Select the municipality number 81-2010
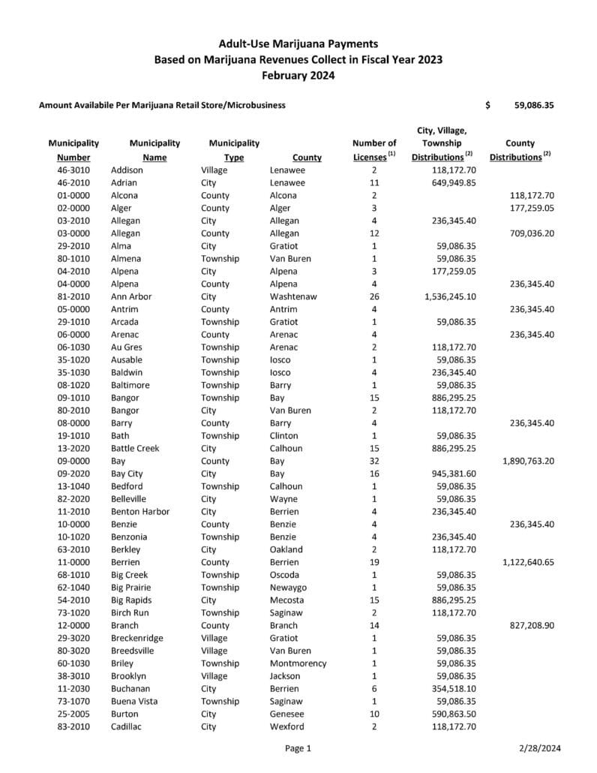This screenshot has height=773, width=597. point(73,296)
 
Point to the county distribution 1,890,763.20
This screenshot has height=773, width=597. point(528,461)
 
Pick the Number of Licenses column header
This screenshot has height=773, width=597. point(374,149)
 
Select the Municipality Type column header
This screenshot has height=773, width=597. point(234,149)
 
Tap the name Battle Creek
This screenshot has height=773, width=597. point(135,448)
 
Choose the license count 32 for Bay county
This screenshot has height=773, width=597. point(374,461)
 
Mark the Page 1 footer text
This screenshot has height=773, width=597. point(298,748)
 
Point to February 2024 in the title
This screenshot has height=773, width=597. point(298,75)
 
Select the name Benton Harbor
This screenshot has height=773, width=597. point(140,512)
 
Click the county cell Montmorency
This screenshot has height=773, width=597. point(298,663)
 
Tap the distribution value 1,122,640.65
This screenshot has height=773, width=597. point(528,562)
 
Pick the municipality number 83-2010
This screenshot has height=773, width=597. point(73,726)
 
